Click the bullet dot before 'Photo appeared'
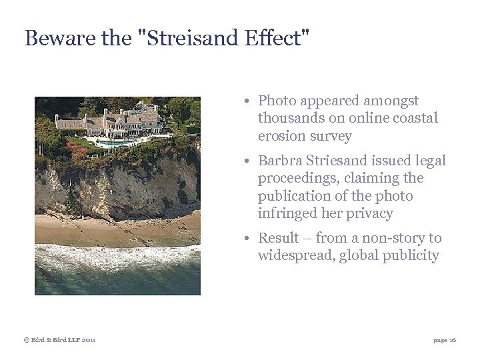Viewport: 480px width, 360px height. click(x=247, y=101)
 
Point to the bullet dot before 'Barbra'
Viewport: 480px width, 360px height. click(x=247, y=161)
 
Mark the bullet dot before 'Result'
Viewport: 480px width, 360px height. click(x=247, y=239)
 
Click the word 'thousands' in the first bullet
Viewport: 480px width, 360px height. click(x=289, y=118)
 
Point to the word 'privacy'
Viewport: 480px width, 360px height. click(x=369, y=213)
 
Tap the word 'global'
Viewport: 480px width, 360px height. click(x=359, y=255)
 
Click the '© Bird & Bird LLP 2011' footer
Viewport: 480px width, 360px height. click(x=60, y=340)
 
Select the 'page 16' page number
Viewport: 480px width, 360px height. click(x=445, y=340)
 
